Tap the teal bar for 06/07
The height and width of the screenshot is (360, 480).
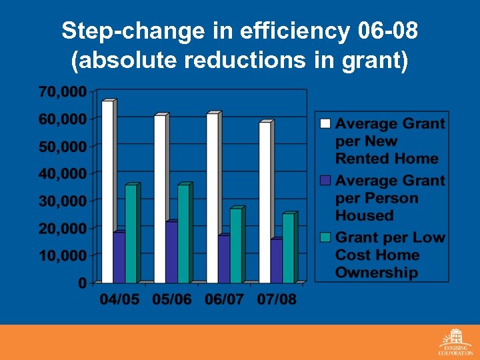tap(235, 246)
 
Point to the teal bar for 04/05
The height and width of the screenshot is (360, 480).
tap(131, 233)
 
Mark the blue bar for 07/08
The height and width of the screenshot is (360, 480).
tap(276, 261)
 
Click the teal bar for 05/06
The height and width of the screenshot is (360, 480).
tap(183, 233)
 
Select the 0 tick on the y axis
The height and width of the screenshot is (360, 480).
tap(82, 283)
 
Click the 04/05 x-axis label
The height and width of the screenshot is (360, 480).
tap(120, 299)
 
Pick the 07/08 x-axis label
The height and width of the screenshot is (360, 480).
tap(277, 299)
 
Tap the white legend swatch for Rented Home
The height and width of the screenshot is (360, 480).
tap(325, 123)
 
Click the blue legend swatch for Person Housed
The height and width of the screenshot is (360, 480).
tap(325, 180)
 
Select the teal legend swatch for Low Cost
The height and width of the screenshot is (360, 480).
tap(325, 237)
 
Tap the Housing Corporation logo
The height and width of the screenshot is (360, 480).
tap(455, 341)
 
